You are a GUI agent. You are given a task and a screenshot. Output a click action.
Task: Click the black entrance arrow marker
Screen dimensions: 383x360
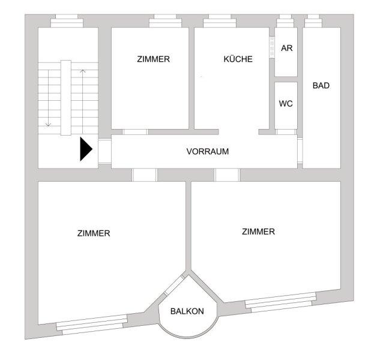(x=86, y=149)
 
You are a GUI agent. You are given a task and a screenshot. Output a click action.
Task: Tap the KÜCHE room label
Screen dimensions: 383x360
(x=238, y=59)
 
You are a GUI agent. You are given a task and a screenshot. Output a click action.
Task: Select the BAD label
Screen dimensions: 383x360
(x=321, y=85)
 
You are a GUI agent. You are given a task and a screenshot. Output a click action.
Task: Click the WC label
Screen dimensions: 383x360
(x=286, y=103)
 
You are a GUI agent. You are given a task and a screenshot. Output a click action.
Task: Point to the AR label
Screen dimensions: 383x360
(x=286, y=48)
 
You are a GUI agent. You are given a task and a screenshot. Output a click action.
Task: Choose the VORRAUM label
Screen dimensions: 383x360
(x=208, y=151)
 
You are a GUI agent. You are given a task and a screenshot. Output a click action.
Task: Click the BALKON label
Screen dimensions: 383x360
(x=187, y=311)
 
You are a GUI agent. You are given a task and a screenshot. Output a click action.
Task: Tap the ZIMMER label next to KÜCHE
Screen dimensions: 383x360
(x=154, y=59)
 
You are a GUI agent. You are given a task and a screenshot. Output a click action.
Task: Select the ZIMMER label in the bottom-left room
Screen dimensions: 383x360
(x=94, y=233)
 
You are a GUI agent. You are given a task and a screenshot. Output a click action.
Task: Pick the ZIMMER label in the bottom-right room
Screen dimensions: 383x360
(x=258, y=232)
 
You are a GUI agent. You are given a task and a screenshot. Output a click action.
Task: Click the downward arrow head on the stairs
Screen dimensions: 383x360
(x=49, y=125)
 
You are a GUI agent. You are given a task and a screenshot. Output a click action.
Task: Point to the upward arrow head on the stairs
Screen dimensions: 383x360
(x=83, y=71)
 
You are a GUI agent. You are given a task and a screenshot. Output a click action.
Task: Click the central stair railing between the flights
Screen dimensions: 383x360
(x=66, y=98)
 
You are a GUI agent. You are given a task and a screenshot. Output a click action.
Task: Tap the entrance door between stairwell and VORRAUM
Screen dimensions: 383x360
(x=105, y=151)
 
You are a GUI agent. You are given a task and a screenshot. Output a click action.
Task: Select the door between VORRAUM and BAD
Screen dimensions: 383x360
(x=300, y=151)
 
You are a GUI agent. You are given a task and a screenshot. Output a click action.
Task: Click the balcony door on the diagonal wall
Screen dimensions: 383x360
(x=174, y=285)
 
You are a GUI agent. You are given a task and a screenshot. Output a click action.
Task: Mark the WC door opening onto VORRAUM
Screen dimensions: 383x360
(x=286, y=132)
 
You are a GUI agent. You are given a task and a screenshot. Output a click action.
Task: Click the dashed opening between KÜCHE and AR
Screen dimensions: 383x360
(x=272, y=47)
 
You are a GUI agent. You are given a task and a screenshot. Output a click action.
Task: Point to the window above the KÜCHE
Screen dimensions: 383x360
(x=220, y=21)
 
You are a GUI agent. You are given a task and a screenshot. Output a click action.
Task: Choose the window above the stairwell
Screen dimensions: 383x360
(x=67, y=21)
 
